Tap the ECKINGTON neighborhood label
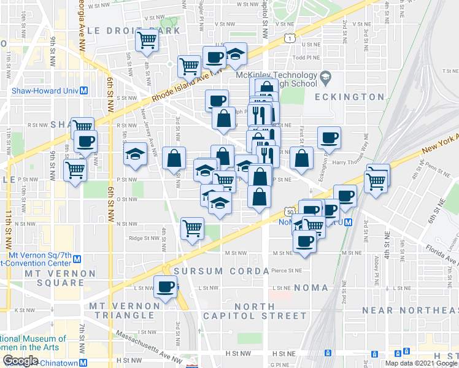coord(349,97)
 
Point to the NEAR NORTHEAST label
coord(410,310)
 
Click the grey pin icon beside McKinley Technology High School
coord(325,79)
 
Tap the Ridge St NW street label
coord(144,239)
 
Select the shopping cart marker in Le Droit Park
coord(147,40)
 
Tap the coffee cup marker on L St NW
coord(165,286)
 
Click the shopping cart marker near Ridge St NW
coord(193,228)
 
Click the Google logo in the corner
coord(20,361)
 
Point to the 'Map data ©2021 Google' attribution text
coord(420,363)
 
